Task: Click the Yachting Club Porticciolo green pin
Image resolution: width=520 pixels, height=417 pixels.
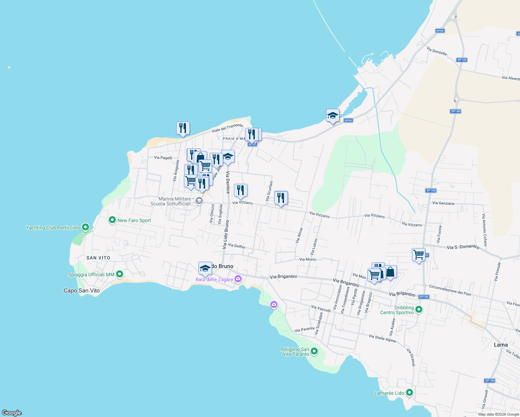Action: pyautogui.click(x=86, y=227)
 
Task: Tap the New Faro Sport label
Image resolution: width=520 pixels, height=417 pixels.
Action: pyautogui.click(x=134, y=220)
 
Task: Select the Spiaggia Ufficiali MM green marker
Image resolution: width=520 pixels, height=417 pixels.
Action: pyautogui.click(x=120, y=274)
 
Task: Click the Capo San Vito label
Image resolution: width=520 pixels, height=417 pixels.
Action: pyautogui.click(x=82, y=291)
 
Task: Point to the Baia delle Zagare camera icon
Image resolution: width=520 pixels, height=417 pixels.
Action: pyautogui.click(x=238, y=279)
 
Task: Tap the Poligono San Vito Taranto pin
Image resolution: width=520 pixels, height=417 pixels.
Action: pyautogui.click(x=314, y=351)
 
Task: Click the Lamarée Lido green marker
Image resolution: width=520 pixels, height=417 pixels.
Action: pyautogui.click(x=409, y=393)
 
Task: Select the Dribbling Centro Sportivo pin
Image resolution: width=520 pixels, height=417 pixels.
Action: pyautogui.click(x=419, y=309)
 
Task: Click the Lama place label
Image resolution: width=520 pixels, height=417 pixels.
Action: pyautogui.click(x=501, y=345)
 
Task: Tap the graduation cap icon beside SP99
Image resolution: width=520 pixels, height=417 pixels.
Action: pyautogui.click(x=333, y=115)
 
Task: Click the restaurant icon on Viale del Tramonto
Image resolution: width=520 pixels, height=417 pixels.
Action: pyautogui.click(x=183, y=128)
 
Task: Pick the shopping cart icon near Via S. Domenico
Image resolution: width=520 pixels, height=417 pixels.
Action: pyautogui.click(x=419, y=255)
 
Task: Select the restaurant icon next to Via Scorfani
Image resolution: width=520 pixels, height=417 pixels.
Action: pyautogui.click(x=281, y=198)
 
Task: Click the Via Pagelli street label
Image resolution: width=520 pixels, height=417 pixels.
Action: pyautogui.click(x=163, y=158)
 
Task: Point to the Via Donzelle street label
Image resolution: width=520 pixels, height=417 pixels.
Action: pyautogui.click(x=437, y=51)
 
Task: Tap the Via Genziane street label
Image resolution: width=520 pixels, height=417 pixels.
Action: pyautogui.click(x=443, y=203)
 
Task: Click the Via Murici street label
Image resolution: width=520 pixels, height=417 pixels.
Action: pyautogui.click(x=308, y=259)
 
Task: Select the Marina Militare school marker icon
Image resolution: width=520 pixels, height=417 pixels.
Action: pyautogui.click(x=199, y=201)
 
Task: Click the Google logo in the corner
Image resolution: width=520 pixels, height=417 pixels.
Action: pyautogui.click(x=12, y=412)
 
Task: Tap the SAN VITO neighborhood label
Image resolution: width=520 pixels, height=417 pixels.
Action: pyautogui.click(x=98, y=258)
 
